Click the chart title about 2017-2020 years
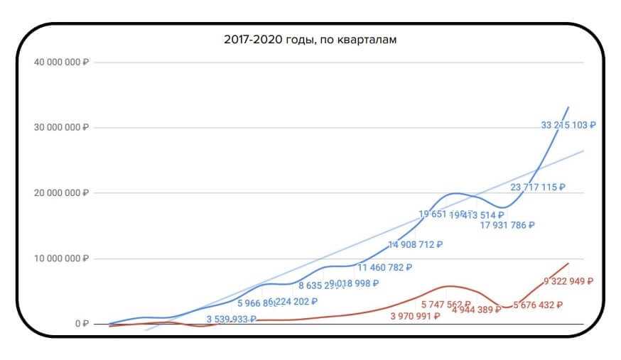(x=310, y=40)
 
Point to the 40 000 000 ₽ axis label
(x=60, y=62)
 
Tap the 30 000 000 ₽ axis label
(x=60, y=128)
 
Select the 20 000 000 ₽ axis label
(x=60, y=193)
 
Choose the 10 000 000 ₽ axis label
(x=60, y=258)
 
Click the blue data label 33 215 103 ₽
(x=568, y=125)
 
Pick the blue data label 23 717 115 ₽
(x=538, y=187)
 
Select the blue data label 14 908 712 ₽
(x=416, y=246)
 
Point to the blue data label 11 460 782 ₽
(x=384, y=268)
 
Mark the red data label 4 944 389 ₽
(x=476, y=310)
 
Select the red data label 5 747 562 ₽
(x=446, y=304)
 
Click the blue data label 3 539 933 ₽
(x=232, y=320)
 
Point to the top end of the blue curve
(x=569, y=107)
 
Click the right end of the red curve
(x=569, y=263)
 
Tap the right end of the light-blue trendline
(x=583, y=151)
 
